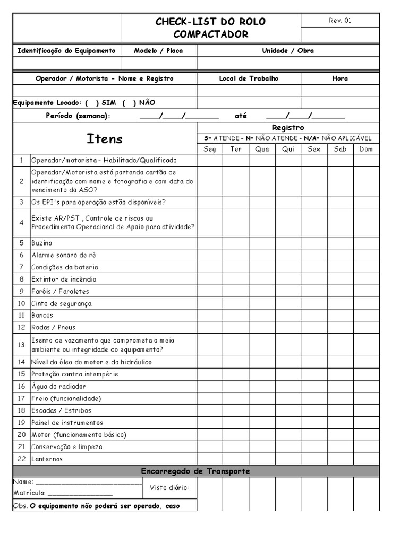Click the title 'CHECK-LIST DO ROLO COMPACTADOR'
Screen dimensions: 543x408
tap(210, 28)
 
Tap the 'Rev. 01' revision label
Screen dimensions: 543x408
tap(340, 21)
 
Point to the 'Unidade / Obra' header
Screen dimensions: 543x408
tap(288, 51)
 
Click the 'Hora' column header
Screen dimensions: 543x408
tap(340, 78)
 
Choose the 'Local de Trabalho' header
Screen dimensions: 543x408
tap(249, 78)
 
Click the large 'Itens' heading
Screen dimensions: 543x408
tap(105, 139)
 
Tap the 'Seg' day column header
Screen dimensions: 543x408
tap(210, 149)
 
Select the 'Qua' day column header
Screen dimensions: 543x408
tap(262, 149)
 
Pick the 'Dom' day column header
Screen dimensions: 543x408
tap(366, 149)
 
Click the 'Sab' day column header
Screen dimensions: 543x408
tap(340, 149)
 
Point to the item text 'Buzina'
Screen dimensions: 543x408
tap(42, 243)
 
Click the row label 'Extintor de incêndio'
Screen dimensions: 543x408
tap(64, 279)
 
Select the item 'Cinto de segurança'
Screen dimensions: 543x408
tap(62, 303)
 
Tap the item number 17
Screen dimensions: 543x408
tap(21, 398)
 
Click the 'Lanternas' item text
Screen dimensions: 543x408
tap(47, 459)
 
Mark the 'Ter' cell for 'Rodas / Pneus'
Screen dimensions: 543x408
tap(236, 327)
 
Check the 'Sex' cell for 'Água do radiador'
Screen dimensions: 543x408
tap(314, 386)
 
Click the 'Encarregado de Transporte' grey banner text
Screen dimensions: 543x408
tap(195, 471)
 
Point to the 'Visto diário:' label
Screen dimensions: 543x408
tap(169, 488)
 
